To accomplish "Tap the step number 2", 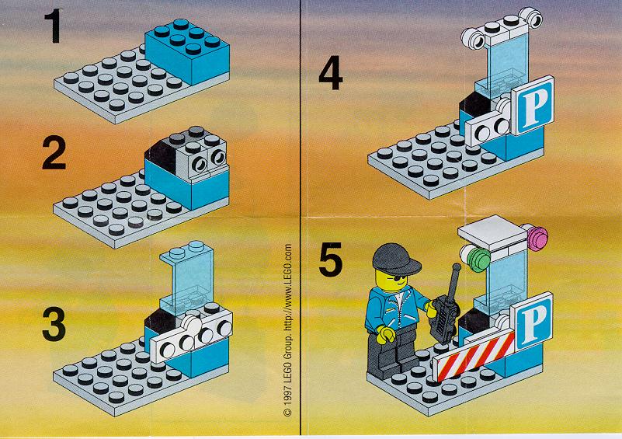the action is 54,153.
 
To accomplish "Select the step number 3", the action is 54,325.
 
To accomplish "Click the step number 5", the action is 331,260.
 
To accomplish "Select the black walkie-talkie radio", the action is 447,309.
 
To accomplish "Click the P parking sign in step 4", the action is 533,106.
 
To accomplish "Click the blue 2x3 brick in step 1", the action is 187,51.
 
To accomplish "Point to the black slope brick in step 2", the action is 162,155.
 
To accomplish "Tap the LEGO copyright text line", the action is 287,330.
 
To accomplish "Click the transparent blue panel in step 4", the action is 502,68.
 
